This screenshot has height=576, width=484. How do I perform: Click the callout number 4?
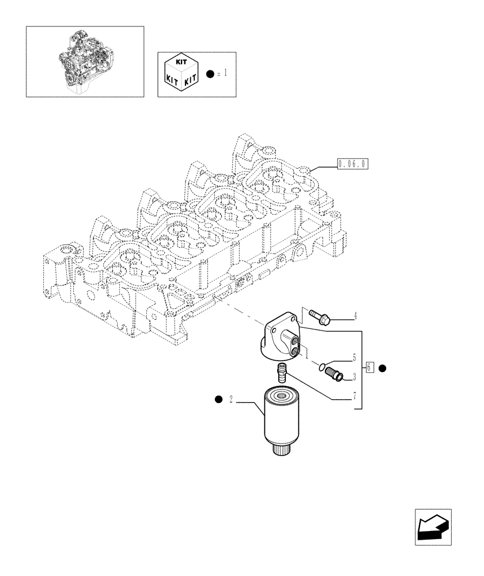[356, 316]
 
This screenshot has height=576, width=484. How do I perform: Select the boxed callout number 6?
[370, 367]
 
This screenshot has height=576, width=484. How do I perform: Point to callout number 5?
[355, 358]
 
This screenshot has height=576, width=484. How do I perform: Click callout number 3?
[355, 377]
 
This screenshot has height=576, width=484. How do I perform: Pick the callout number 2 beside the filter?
[230, 400]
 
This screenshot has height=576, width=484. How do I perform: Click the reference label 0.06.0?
[353, 164]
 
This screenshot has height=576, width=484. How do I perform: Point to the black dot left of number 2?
[218, 399]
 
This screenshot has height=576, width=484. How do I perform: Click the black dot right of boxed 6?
[383, 367]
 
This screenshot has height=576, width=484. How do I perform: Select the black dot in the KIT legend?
[211, 74]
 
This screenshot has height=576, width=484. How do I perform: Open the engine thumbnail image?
[85, 60]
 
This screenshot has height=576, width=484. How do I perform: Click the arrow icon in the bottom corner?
[432, 527]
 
